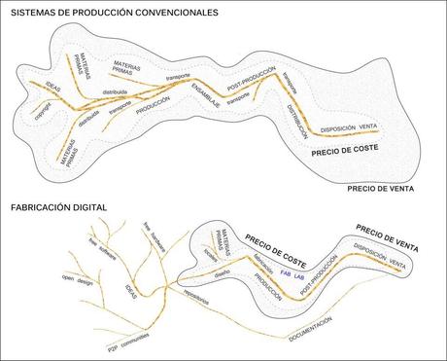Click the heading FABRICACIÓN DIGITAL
57,207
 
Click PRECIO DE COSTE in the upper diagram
344,151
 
